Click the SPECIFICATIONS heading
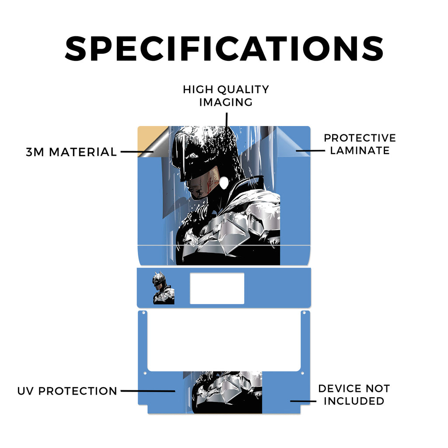[224, 49]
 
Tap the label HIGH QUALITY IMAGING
[226, 96]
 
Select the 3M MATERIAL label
[71, 152]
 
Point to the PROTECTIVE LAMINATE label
[360, 144]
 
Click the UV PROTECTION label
[67, 391]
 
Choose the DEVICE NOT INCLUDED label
[354, 395]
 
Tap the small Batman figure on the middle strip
[164, 288]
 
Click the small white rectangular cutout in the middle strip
[217, 288]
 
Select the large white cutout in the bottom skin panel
[224, 341]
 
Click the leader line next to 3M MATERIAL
[137, 152]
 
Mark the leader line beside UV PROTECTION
[148, 391]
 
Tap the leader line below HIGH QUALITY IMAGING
[227, 120]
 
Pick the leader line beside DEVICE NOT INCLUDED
[303, 401]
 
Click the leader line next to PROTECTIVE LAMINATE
[310, 150]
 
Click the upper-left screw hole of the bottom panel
[143, 313]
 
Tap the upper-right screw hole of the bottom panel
[304, 313]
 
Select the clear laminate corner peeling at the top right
[291, 140]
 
